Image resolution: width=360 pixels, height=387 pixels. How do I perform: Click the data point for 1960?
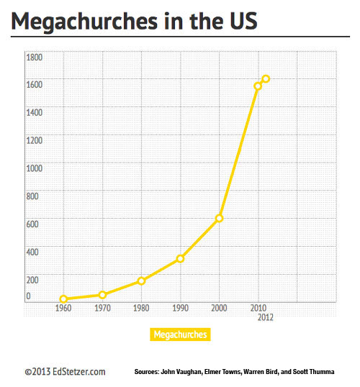tap(63, 299)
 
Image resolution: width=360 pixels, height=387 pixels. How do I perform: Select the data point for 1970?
tap(102, 295)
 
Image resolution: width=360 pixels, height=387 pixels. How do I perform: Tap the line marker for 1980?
tap(141, 281)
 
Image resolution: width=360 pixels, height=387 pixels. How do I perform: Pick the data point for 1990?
tap(181, 259)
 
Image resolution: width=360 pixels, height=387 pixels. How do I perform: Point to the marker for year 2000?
tap(219, 218)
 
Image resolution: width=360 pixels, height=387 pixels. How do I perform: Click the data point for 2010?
tap(258, 86)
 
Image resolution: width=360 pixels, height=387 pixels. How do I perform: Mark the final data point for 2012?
tap(266, 79)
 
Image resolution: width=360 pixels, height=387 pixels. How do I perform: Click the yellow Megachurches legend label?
tap(180, 334)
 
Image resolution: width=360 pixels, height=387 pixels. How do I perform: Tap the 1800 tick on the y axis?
tap(35, 58)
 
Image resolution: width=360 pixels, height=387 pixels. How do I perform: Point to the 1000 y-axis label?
tap(35, 168)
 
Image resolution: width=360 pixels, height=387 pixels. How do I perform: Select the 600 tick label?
tap(32, 224)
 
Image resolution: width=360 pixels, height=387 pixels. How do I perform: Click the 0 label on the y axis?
tap(28, 296)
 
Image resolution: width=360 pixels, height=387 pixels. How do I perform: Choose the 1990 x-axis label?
tap(181, 308)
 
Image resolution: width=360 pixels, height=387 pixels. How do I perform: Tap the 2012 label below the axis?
tap(266, 317)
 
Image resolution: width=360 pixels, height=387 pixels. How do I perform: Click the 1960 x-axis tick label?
tap(63, 308)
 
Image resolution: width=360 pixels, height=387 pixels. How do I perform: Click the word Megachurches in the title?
tap(84, 22)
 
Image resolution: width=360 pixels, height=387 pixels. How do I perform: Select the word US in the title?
tap(243, 21)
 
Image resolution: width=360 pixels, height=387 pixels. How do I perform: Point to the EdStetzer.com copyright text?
tap(66, 372)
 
